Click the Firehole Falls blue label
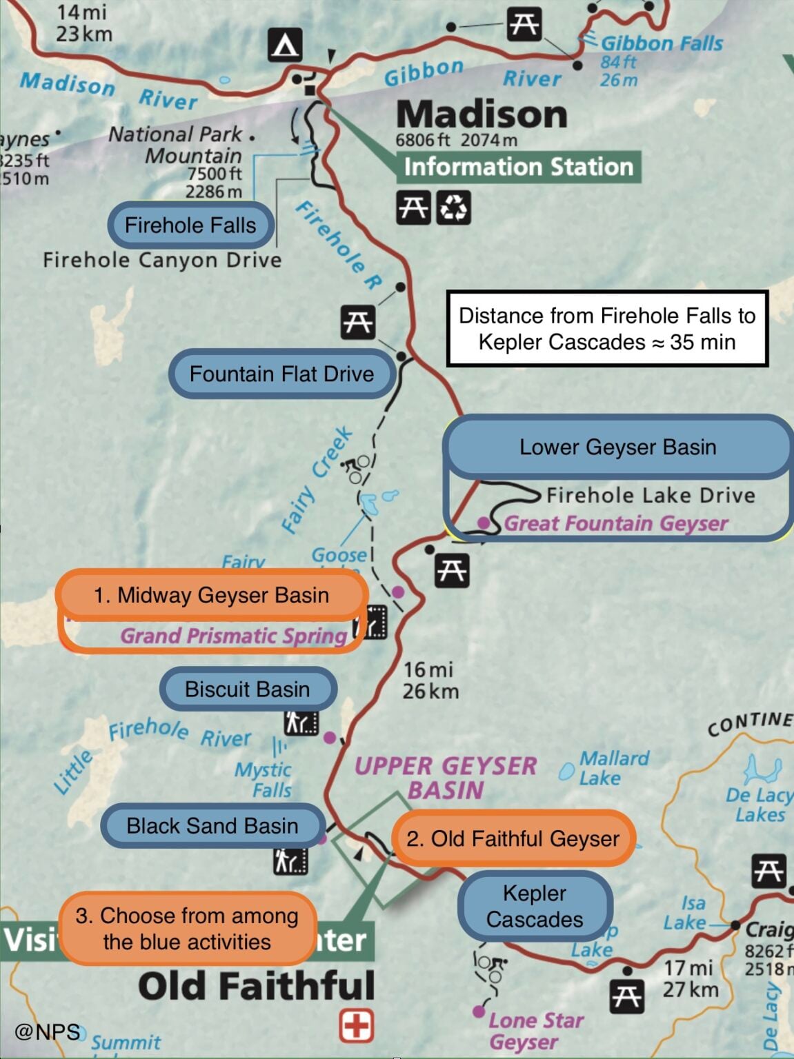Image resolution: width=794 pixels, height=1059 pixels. click(190, 225)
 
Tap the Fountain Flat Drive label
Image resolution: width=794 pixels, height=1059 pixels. click(281, 374)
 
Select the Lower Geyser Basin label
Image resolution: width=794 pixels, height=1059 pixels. click(617, 447)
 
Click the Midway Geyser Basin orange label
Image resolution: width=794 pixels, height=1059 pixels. click(212, 595)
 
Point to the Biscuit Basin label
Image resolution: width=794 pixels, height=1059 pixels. click(248, 689)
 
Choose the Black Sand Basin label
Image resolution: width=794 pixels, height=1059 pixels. click(212, 825)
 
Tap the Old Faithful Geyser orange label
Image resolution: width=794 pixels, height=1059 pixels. click(513, 838)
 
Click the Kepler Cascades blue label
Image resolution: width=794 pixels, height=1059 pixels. click(535, 906)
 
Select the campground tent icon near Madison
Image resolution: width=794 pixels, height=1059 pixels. click(285, 46)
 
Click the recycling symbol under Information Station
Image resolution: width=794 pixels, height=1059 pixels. click(453, 207)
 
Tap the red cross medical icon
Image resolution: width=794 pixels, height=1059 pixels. click(357, 1025)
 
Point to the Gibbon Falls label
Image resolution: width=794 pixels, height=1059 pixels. click(661, 43)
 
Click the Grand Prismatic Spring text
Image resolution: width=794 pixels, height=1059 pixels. click(234, 636)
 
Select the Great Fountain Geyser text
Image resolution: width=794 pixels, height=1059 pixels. click(615, 524)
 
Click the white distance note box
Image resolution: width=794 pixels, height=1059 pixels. click(607, 329)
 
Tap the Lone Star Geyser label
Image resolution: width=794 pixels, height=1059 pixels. click(535, 1031)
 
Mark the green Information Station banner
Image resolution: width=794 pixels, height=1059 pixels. click(518, 167)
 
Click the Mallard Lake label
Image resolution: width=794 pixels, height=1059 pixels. click(613, 768)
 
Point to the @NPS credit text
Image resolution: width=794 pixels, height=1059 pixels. click(47, 1031)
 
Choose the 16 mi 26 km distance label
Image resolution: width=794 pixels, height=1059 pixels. click(430, 680)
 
